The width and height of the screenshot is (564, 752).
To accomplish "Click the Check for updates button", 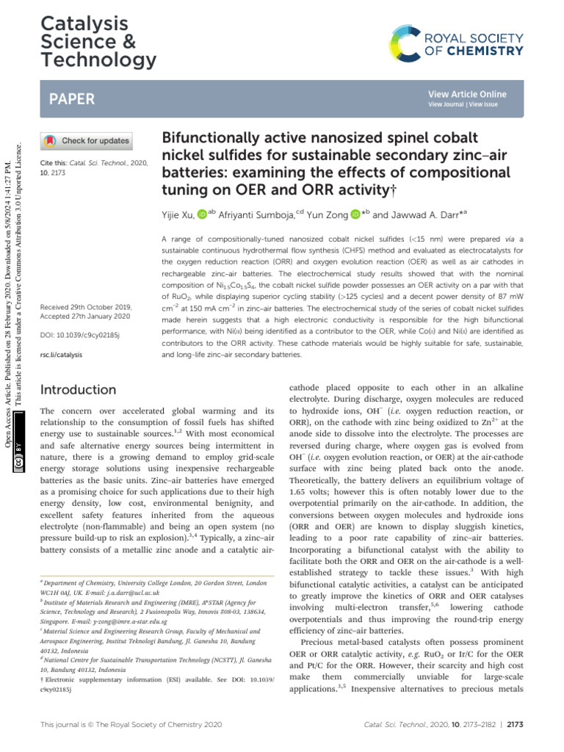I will point(87,140).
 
